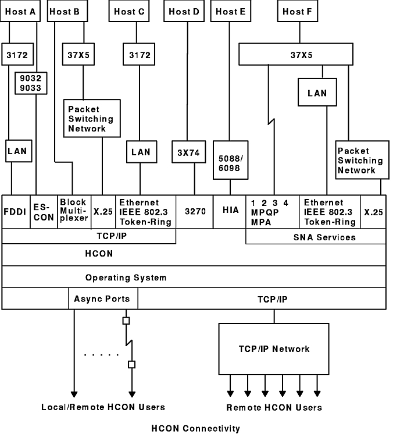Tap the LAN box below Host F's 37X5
pos(317,93)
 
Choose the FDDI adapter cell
pos(15,212)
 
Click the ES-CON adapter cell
pos(44,212)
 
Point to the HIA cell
pos(230,212)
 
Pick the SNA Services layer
pos(316,237)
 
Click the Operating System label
pos(126,278)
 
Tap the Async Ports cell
pos(103,299)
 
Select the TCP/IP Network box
pos(274,349)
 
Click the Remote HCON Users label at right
pos(274,408)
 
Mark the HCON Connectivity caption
pos(195,429)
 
